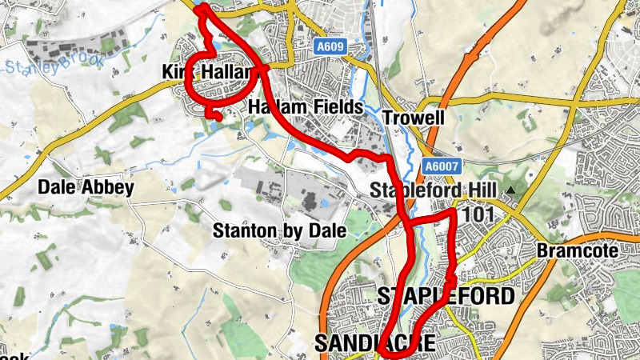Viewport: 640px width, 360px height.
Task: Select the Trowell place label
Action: [x=413, y=118]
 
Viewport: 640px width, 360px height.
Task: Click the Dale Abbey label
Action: [x=85, y=188]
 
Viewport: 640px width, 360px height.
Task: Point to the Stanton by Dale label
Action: [x=278, y=231]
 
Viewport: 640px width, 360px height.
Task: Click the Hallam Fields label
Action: [x=306, y=107]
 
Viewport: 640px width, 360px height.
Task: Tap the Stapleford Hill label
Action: [x=434, y=190]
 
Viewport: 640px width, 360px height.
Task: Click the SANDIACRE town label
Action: [x=375, y=343]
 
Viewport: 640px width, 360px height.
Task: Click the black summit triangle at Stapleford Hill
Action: [x=510, y=190]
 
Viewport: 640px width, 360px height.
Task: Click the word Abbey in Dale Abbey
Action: [x=106, y=188]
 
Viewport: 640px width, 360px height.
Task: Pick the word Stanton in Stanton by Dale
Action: [x=241, y=231]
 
